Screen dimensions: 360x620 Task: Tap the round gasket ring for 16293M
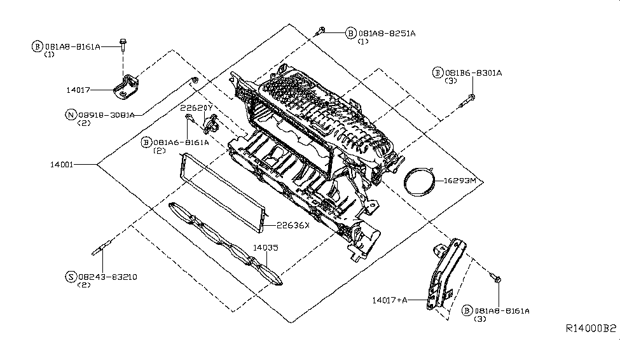point(420,183)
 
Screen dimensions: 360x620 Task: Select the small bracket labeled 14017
point(127,87)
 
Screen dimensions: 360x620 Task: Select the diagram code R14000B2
point(591,329)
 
